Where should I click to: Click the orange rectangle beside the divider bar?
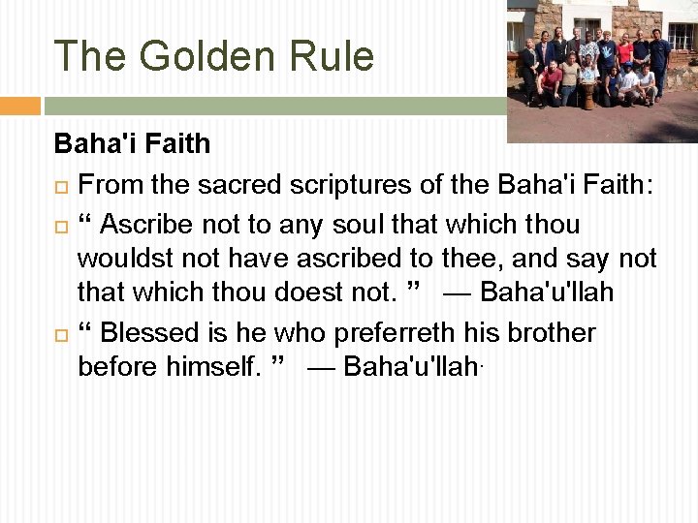[x=19, y=105]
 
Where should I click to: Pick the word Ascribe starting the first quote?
[x=146, y=225]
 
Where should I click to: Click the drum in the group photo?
[x=588, y=95]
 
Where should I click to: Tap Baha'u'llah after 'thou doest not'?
[x=547, y=292]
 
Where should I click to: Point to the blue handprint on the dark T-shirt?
[x=607, y=51]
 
